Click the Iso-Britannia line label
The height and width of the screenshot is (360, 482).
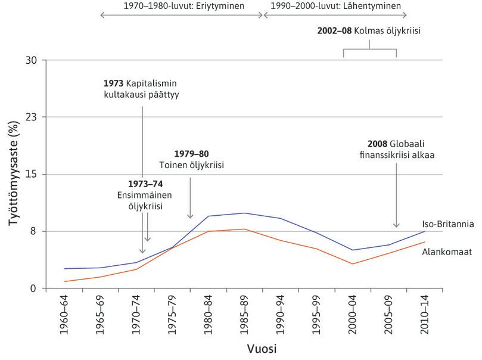click(x=447, y=225)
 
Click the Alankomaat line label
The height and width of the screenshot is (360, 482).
click(x=447, y=252)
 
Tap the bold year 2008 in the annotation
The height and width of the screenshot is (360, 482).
click(x=380, y=144)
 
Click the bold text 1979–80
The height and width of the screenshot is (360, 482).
click(x=191, y=153)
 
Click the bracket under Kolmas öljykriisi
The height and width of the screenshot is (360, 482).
click(x=370, y=50)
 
